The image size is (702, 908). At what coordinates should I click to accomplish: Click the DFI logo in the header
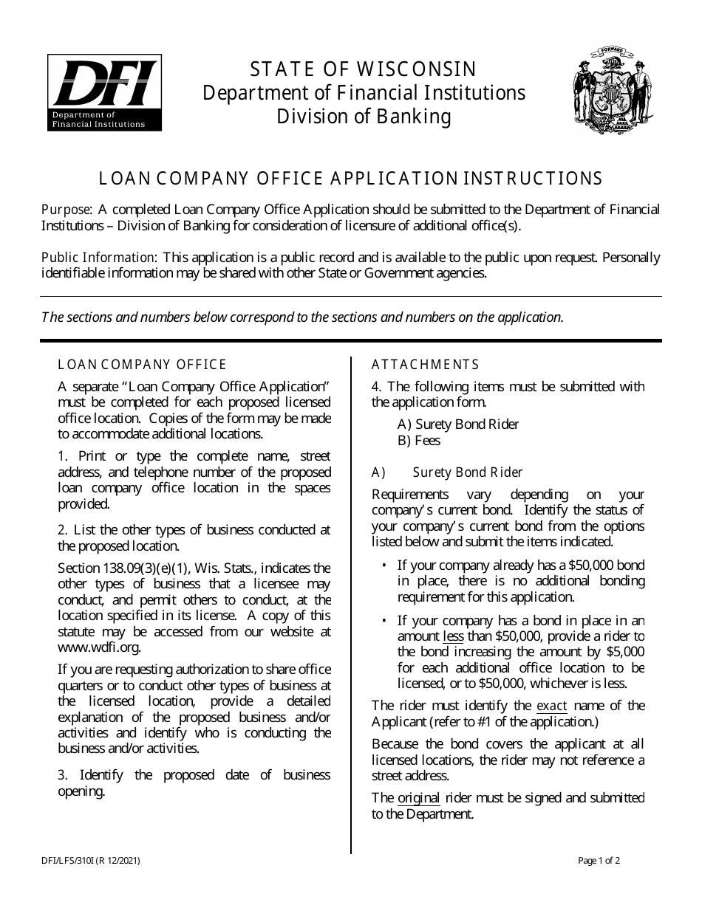point(104,93)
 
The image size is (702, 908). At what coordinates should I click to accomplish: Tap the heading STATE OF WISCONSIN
point(364,69)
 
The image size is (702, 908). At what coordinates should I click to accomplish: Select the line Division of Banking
point(364,117)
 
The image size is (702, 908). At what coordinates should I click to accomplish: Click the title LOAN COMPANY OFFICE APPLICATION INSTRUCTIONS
point(351,179)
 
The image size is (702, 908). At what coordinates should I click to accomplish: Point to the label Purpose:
point(67,210)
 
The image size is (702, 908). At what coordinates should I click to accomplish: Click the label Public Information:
point(99,258)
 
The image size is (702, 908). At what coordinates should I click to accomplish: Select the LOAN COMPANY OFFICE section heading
point(142,365)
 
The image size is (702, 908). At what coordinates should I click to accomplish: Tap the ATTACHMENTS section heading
point(425,365)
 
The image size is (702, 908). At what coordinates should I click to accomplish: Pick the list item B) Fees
point(418,441)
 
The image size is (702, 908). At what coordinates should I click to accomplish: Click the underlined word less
point(453,636)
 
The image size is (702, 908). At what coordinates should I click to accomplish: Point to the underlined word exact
point(551,706)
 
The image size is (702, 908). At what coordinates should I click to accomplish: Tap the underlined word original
point(419,798)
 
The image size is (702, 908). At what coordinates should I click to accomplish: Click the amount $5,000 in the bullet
point(624,652)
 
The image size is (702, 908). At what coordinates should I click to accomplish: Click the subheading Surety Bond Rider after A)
point(468,472)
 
